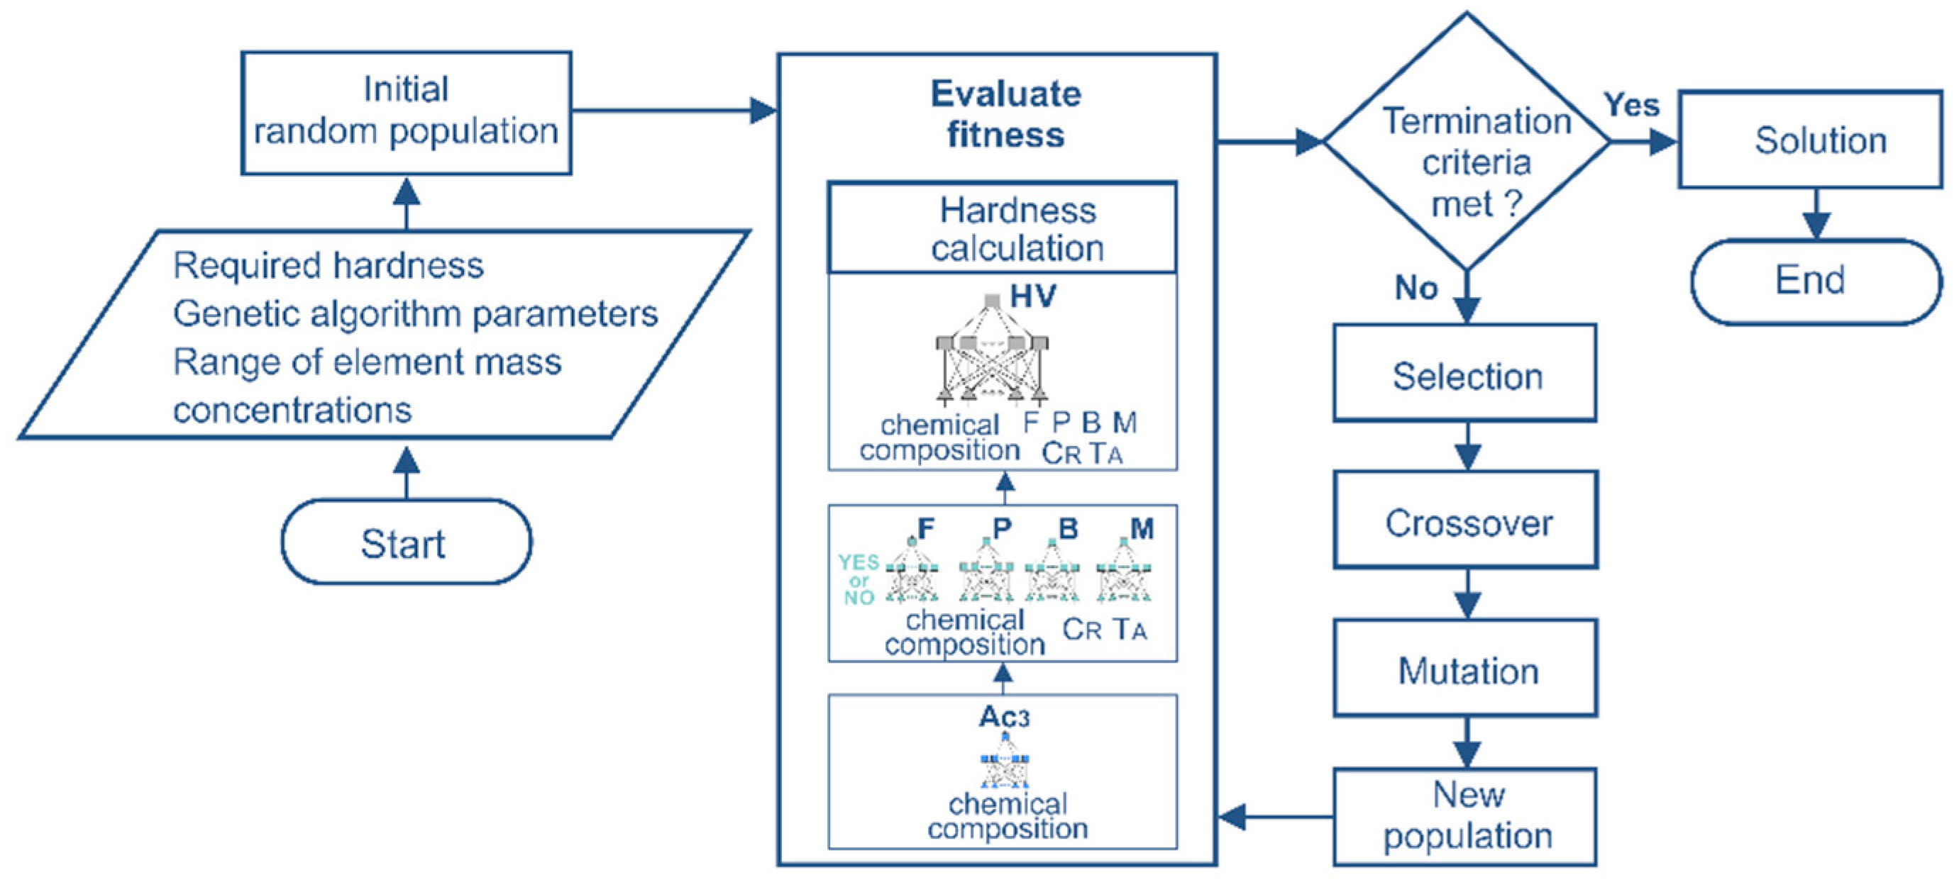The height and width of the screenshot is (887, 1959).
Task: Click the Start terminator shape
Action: pyautogui.click(x=405, y=542)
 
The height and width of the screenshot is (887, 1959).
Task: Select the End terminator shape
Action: pyautogui.click(x=1815, y=281)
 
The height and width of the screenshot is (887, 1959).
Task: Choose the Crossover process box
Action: pyautogui.click(x=1465, y=522)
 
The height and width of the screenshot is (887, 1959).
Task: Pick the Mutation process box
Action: pyautogui.click(x=1465, y=669)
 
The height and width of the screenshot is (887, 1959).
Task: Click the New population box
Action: pyautogui.click(x=1465, y=815)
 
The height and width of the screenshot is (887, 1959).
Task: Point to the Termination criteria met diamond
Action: pyautogui.click(x=1468, y=152)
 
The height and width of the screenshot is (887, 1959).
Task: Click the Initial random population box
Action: pyautogui.click(x=405, y=112)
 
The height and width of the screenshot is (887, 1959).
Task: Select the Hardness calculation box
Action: pyautogui.click(x=1003, y=228)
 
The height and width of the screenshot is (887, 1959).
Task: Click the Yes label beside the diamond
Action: pyautogui.click(x=1631, y=105)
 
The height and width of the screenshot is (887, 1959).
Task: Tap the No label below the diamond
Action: pyautogui.click(x=1416, y=288)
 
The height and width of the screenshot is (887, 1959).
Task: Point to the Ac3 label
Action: pyautogui.click(x=1003, y=717)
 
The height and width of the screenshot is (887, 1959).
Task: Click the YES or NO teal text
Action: pyautogui.click(x=859, y=579)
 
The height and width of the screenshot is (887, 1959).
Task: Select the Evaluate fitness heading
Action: pyautogui.click(x=1005, y=114)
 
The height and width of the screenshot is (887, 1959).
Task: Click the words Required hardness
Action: pyautogui.click(x=328, y=266)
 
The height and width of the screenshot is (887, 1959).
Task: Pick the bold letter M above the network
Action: pyautogui.click(x=1141, y=529)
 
